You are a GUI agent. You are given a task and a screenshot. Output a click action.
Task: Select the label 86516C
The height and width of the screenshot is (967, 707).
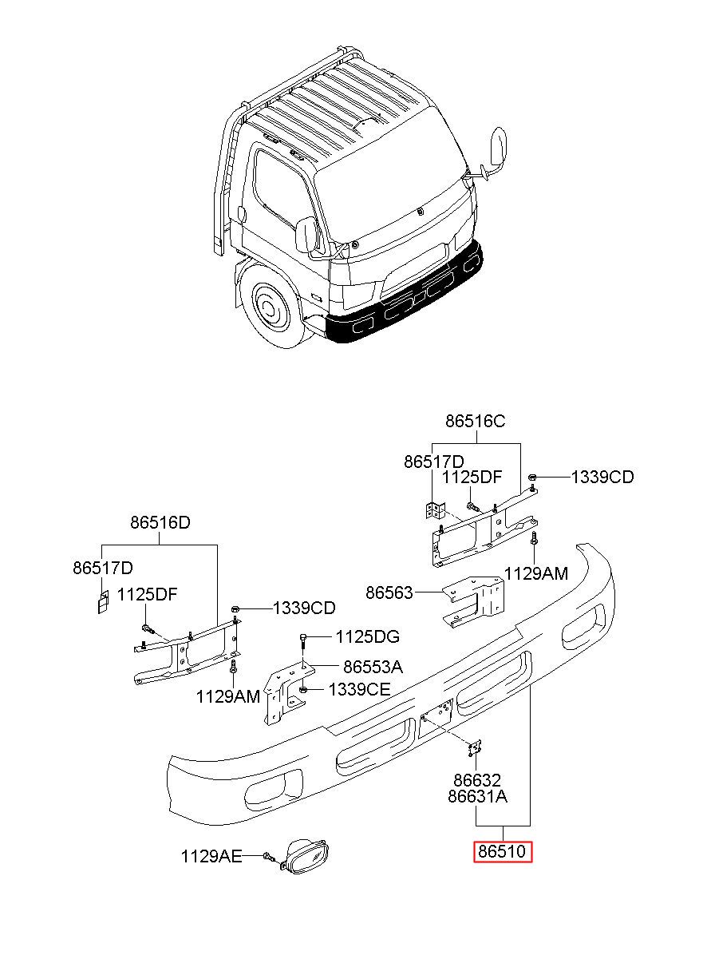[x=475, y=421]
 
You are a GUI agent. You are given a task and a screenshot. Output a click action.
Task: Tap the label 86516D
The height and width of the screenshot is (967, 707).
[x=160, y=522]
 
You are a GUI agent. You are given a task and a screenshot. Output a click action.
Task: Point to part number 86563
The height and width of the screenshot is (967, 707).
[x=389, y=592]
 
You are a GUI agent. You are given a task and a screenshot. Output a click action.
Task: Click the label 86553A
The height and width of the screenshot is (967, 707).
[x=373, y=667]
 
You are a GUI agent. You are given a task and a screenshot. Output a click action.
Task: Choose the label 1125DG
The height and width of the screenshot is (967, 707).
[x=368, y=636]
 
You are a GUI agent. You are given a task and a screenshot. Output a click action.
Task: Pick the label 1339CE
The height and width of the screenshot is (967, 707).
[x=359, y=689]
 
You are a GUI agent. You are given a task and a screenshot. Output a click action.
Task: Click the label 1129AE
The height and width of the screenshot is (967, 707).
[x=211, y=857]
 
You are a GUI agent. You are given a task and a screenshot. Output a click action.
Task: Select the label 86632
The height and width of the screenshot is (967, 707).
[x=476, y=780]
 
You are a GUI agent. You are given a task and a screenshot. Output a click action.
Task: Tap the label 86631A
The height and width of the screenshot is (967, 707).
[x=477, y=796]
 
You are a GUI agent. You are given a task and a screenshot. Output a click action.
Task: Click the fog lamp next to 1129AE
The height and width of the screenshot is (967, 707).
[x=304, y=857]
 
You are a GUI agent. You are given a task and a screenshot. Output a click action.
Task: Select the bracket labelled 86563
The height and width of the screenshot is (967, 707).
[x=475, y=600]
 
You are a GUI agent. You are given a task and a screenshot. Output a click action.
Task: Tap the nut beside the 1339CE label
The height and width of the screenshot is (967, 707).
[x=302, y=690]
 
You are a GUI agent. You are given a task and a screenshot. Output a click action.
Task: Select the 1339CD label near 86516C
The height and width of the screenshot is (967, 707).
[x=602, y=477]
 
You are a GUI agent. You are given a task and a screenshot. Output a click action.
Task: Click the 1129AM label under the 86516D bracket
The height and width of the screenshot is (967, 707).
[x=227, y=696]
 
